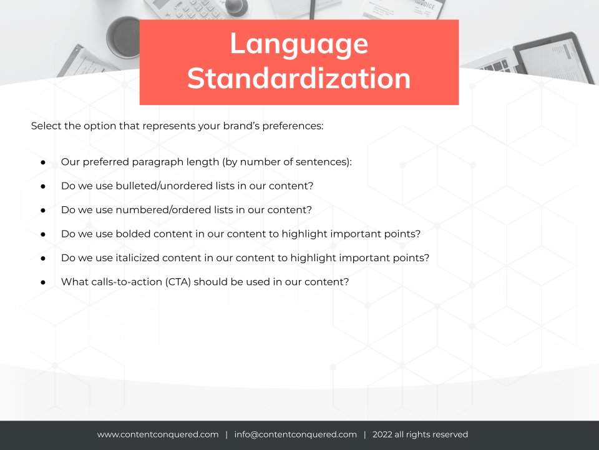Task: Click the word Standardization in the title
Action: [x=299, y=79]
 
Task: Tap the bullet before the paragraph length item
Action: [x=43, y=162]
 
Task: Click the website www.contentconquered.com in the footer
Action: [x=158, y=435]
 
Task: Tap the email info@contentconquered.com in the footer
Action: [x=295, y=435]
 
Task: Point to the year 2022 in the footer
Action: [x=382, y=435]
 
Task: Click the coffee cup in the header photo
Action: [x=124, y=37]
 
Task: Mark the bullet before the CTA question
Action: [x=43, y=282]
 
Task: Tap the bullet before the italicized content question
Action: [x=43, y=259]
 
